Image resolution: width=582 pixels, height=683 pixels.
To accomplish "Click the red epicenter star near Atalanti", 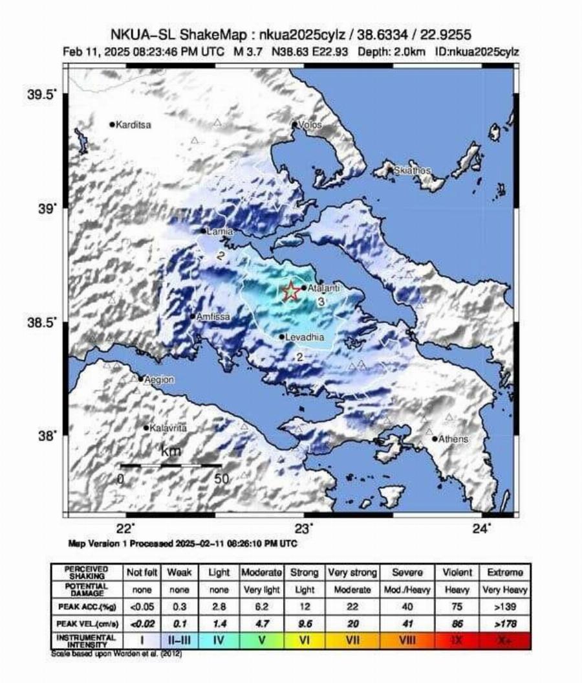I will (x=291, y=291).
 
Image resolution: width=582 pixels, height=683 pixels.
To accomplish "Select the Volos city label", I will (x=310, y=125).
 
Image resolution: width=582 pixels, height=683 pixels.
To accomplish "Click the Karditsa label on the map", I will (x=133, y=125).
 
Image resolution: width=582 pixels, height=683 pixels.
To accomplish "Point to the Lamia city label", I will (x=219, y=231).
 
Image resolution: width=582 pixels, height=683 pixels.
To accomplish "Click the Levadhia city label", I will (x=305, y=337).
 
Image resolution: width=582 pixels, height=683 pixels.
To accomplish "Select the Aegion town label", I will (x=159, y=379).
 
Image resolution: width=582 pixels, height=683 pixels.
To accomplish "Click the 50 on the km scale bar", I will (x=221, y=479).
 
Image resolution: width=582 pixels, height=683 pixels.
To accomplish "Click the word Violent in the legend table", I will (x=457, y=573).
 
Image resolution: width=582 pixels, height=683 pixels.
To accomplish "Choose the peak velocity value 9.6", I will (x=305, y=623).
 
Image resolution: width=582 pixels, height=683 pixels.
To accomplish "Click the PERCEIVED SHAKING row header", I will (x=86, y=573).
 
